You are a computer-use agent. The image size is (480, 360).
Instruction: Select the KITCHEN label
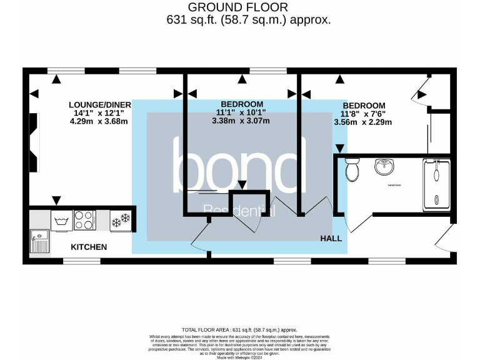88,247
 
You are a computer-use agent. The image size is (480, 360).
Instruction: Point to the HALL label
331,239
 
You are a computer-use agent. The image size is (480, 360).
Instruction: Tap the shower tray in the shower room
437,184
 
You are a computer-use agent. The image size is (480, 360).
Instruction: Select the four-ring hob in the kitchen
84,220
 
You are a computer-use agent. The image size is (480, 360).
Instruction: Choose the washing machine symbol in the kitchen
61,220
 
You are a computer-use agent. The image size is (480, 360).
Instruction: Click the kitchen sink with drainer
39,241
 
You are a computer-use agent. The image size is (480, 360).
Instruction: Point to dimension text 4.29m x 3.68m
100,122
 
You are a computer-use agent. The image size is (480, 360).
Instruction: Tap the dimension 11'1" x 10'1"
241,112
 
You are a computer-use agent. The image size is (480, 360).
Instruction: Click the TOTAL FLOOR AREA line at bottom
239,329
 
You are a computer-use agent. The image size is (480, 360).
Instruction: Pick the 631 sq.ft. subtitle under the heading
248,20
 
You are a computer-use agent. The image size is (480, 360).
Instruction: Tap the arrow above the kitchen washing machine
57,200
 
